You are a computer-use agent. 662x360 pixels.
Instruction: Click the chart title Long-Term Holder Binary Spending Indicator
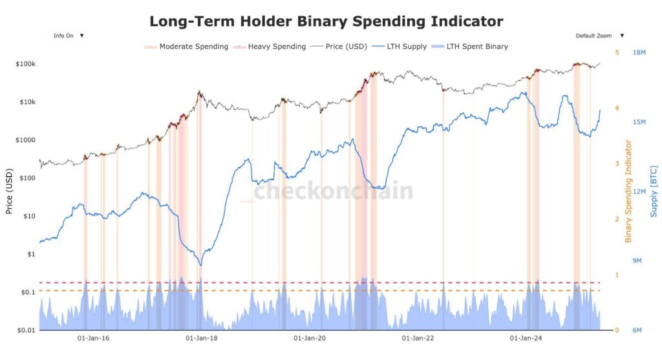pyautogui.click(x=326, y=21)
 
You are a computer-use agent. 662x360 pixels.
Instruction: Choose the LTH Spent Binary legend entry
pyautogui.click(x=477, y=47)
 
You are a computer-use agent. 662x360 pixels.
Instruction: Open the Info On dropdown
pyautogui.click(x=69, y=36)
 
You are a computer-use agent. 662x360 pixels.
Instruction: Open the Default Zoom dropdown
pyautogui.click(x=600, y=36)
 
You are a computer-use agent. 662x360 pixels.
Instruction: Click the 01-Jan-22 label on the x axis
pyautogui.click(x=418, y=338)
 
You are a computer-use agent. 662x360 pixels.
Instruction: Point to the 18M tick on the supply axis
pyautogui.click(x=639, y=52)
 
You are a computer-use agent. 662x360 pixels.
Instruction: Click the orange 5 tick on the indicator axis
pyautogui.click(x=617, y=52)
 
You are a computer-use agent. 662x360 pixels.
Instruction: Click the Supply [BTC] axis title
pyautogui.click(x=654, y=191)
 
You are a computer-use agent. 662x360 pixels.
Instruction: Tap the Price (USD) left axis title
pyautogui.click(x=9, y=191)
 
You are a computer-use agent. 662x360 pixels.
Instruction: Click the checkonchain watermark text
pyautogui.click(x=333, y=191)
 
